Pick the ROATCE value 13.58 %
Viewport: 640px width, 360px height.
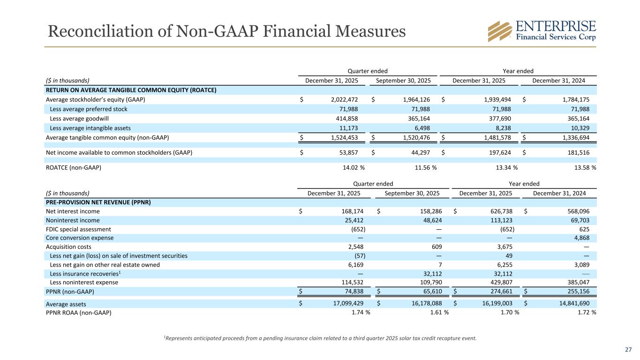pyautogui.click(x=582, y=167)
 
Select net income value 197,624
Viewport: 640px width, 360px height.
pyautogui.click(x=501, y=152)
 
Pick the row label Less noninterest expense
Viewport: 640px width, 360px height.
pyautogui.click(x=84, y=282)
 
